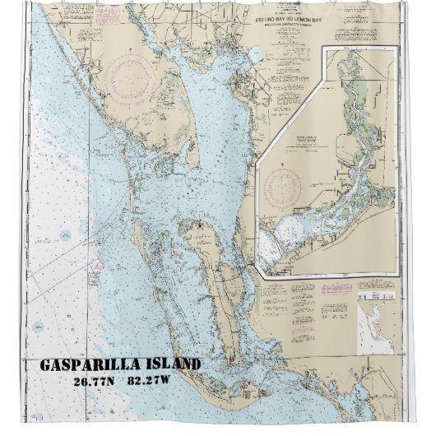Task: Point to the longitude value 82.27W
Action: pos(151,382)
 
